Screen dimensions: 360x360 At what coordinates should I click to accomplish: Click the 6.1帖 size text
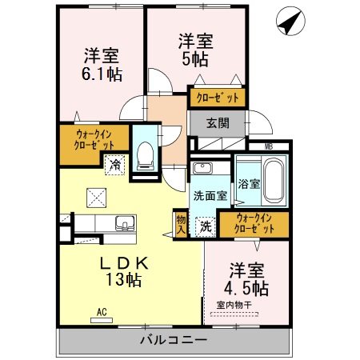click(x=102, y=74)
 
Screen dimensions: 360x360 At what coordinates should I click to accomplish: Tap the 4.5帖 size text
click(x=246, y=286)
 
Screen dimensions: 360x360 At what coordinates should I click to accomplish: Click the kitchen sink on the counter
click(x=122, y=222)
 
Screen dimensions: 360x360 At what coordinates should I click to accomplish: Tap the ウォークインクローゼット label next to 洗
click(x=252, y=222)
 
